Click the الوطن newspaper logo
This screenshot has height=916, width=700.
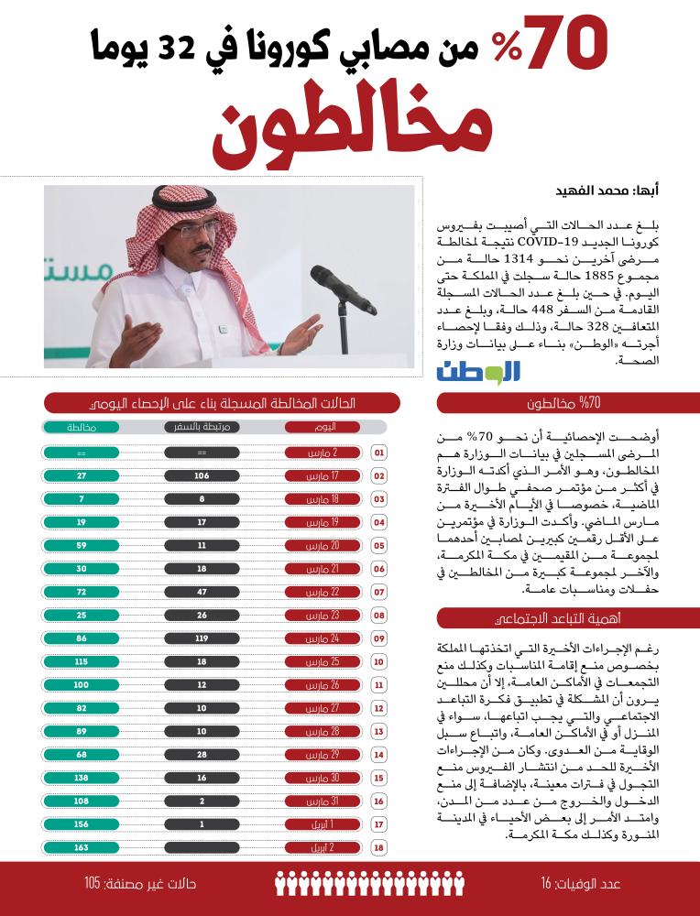(x=478, y=371)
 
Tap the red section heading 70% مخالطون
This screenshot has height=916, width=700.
(x=569, y=404)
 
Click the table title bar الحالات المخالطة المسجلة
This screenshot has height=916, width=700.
(x=223, y=403)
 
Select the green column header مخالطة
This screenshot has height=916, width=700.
(x=82, y=428)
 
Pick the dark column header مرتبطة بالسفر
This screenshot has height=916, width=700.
(x=202, y=428)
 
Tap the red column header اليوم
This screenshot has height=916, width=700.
(x=320, y=428)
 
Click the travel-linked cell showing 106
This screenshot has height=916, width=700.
(x=202, y=476)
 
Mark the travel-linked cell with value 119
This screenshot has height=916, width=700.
(x=202, y=636)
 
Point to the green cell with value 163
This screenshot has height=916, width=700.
(x=82, y=848)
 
